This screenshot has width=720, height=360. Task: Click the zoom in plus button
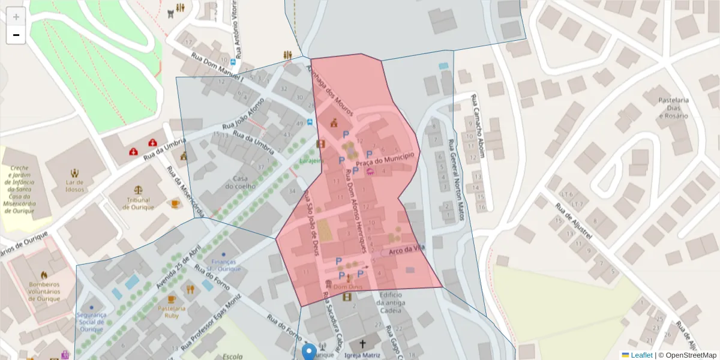[x=16, y=17]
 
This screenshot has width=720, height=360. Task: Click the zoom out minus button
[x=16, y=35]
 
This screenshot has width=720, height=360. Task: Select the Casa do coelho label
[x=241, y=182]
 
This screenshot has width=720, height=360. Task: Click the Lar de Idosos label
[x=74, y=185]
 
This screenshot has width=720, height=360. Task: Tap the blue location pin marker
[x=309, y=352]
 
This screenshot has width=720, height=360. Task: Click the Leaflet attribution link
[x=641, y=355]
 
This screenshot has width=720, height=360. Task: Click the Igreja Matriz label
[x=362, y=355]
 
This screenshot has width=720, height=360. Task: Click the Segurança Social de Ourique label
[x=91, y=322]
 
